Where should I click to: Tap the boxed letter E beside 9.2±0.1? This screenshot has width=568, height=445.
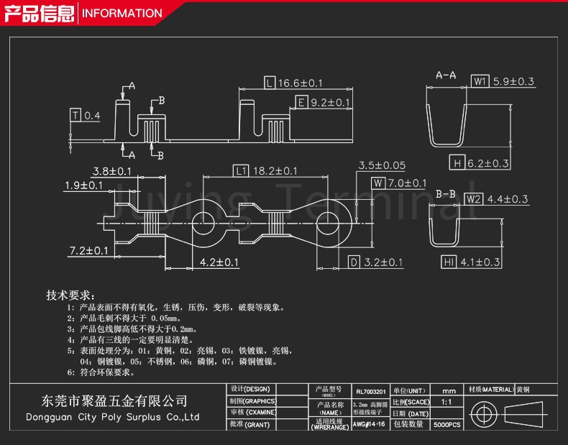point(301,103)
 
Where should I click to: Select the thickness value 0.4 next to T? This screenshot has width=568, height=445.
point(92,116)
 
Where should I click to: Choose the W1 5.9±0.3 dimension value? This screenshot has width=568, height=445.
point(513,81)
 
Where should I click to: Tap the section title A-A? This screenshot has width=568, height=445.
point(446,75)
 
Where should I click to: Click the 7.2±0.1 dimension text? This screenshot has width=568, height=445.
point(89,251)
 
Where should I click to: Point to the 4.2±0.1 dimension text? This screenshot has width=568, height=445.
point(219,262)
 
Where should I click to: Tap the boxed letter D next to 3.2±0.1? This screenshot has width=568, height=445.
point(354,262)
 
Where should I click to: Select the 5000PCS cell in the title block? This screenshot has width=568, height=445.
point(447,426)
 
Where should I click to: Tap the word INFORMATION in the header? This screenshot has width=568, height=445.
point(122,13)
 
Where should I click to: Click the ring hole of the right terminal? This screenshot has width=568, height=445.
point(330,221)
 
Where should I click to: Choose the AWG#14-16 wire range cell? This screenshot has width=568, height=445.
point(369,425)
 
